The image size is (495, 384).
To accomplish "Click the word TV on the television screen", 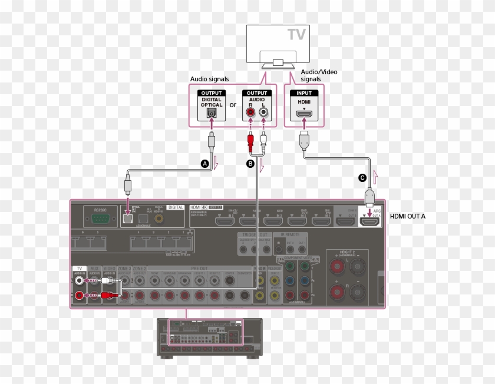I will pos(296,34).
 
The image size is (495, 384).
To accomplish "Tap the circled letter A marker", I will pos(204,164).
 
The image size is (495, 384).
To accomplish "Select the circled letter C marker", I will pos(362,177).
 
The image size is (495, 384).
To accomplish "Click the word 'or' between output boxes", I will pos(233,105).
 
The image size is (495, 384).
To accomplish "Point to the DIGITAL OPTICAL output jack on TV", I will pos(212,113).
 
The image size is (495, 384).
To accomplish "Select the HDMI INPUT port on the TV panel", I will pos(304,112).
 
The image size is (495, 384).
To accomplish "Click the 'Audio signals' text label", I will pos(210,79).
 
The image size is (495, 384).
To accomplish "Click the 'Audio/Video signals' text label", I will pos(319,75).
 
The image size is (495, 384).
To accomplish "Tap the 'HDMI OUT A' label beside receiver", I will pos(408,217).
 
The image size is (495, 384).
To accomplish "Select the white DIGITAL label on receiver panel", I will pos(176,207).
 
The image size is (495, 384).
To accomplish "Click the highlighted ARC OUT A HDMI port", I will pos(371,221).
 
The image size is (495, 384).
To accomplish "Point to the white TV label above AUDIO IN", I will pos(79,269).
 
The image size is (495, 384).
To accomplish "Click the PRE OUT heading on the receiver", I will pos(187,269).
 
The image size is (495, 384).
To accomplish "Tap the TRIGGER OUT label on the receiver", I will pos(254,234).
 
